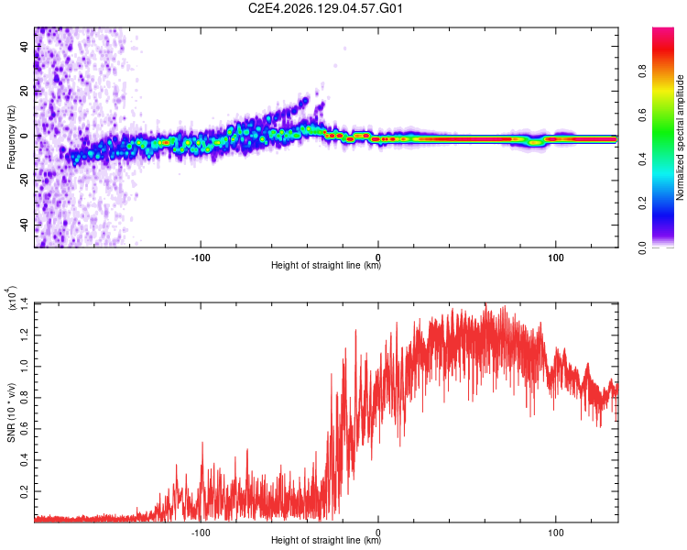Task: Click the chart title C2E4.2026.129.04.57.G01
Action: pos(325,8)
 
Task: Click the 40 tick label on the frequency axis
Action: pos(24,46)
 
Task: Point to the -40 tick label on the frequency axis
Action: pos(24,225)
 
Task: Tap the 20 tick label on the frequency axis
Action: pos(24,91)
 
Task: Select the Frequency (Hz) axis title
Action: pos(11,137)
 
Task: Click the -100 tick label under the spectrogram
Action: pos(201,258)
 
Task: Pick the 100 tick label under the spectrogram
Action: pos(556,258)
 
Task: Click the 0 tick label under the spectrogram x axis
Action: pos(378,258)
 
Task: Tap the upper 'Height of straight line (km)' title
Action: pos(326,265)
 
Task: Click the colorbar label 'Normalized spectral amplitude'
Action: pos(680,137)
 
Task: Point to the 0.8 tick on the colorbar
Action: pos(642,71)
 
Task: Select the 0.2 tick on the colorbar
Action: pos(642,203)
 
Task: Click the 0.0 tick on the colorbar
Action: pos(642,247)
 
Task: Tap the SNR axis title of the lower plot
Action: pos(11,412)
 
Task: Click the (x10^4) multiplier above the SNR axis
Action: pos(11,298)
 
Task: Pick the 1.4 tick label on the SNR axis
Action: pos(24,303)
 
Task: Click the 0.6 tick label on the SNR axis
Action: pos(24,428)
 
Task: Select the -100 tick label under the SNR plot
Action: pos(201,533)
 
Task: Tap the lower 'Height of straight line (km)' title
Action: pos(326,540)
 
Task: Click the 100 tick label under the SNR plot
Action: pos(556,533)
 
